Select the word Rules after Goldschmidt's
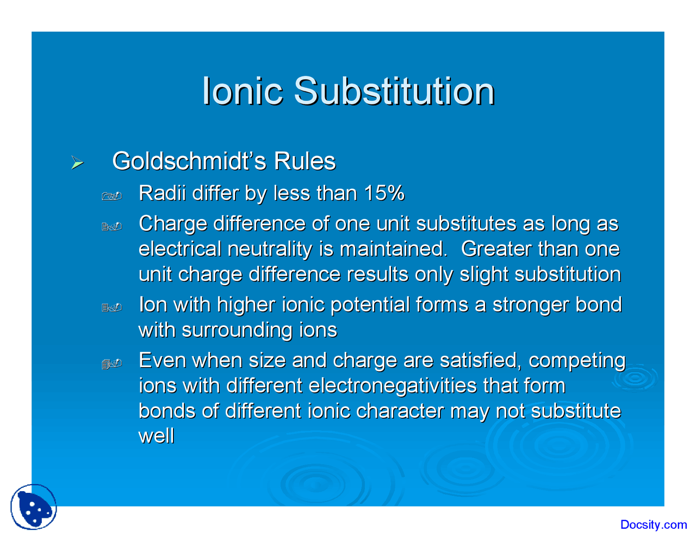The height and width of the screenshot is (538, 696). click(304, 161)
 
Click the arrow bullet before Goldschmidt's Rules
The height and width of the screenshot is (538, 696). click(78, 163)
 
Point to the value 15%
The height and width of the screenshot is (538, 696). click(384, 193)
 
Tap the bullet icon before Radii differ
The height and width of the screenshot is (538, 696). click(111, 196)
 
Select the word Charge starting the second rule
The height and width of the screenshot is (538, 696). click(172, 224)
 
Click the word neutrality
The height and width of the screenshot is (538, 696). click(270, 249)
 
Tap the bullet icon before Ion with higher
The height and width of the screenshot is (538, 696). click(111, 308)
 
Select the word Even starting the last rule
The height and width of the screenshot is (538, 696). click(162, 360)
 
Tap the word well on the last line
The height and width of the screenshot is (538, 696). click(157, 436)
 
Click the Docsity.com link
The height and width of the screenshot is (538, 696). click(653, 525)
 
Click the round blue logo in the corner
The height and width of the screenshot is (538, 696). click(34, 507)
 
